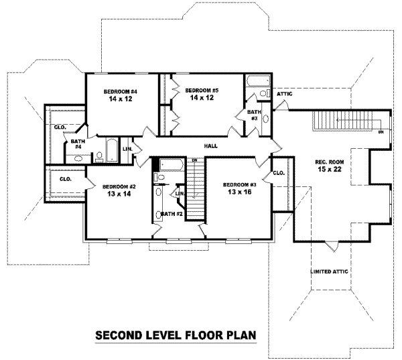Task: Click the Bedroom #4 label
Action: [x=121, y=92]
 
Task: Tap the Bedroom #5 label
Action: [x=202, y=91]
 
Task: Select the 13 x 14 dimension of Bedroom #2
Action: [x=119, y=194]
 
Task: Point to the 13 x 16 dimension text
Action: [x=239, y=192]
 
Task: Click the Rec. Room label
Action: [x=330, y=162]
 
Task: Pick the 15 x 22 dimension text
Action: [x=330, y=170]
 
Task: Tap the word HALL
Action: [x=211, y=146]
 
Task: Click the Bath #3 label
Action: [x=254, y=115]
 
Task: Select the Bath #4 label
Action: [x=78, y=144]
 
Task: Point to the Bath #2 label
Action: [x=172, y=214]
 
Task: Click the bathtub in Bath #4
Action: [x=112, y=150]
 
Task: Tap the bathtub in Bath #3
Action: [x=258, y=81]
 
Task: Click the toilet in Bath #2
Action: [x=159, y=177]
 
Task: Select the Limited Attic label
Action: [x=329, y=272]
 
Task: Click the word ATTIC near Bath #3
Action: [x=285, y=94]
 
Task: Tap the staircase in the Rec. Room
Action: [x=342, y=121]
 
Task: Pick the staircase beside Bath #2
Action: [x=196, y=188]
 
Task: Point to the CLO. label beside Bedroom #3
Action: [x=279, y=173]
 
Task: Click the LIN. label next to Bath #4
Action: [x=127, y=149]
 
